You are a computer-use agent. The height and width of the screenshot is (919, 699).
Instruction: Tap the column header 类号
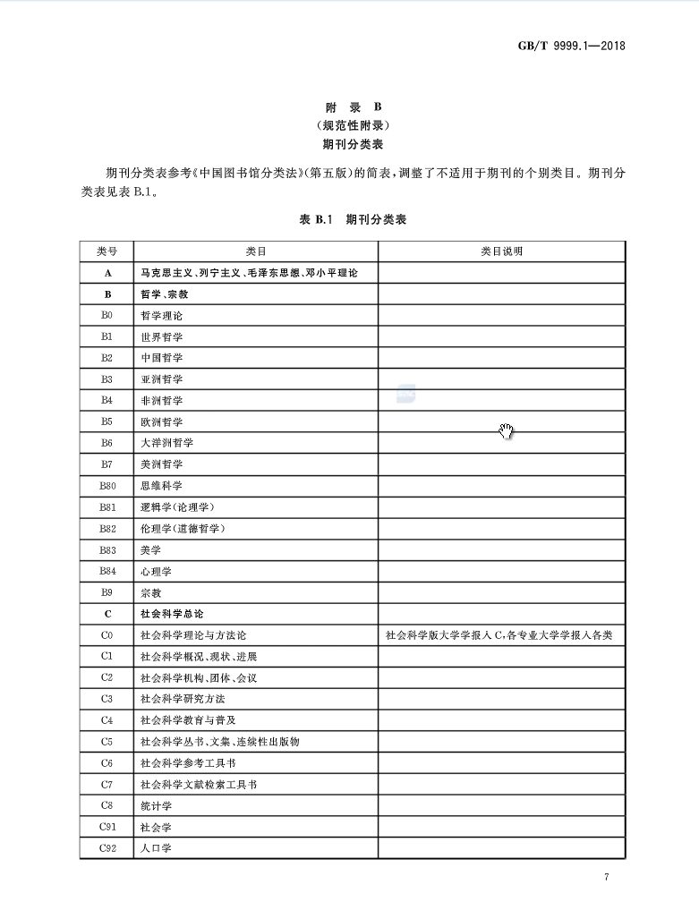pos(107,251)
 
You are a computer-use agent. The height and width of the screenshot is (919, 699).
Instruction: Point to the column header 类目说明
pos(501,251)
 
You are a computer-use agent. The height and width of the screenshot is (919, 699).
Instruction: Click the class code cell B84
pos(107,571)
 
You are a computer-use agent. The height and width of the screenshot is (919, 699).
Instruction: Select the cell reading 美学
pos(150,550)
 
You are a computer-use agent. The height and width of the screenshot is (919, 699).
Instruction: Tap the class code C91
pos(107,827)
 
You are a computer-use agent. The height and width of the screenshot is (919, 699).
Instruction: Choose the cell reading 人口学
pos(156,848)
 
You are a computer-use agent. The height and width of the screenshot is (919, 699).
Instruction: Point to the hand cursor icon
pos(507,431)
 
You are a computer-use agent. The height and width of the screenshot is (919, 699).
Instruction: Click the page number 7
pos(606,877)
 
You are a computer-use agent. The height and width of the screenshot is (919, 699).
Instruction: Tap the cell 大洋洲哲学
pos(166,443)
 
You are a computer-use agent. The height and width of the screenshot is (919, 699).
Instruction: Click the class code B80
pos(107,486)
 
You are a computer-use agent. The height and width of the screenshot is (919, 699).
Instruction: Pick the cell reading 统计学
pos(156,806)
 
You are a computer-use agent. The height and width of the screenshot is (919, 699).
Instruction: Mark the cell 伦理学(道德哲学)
pos(183,529)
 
